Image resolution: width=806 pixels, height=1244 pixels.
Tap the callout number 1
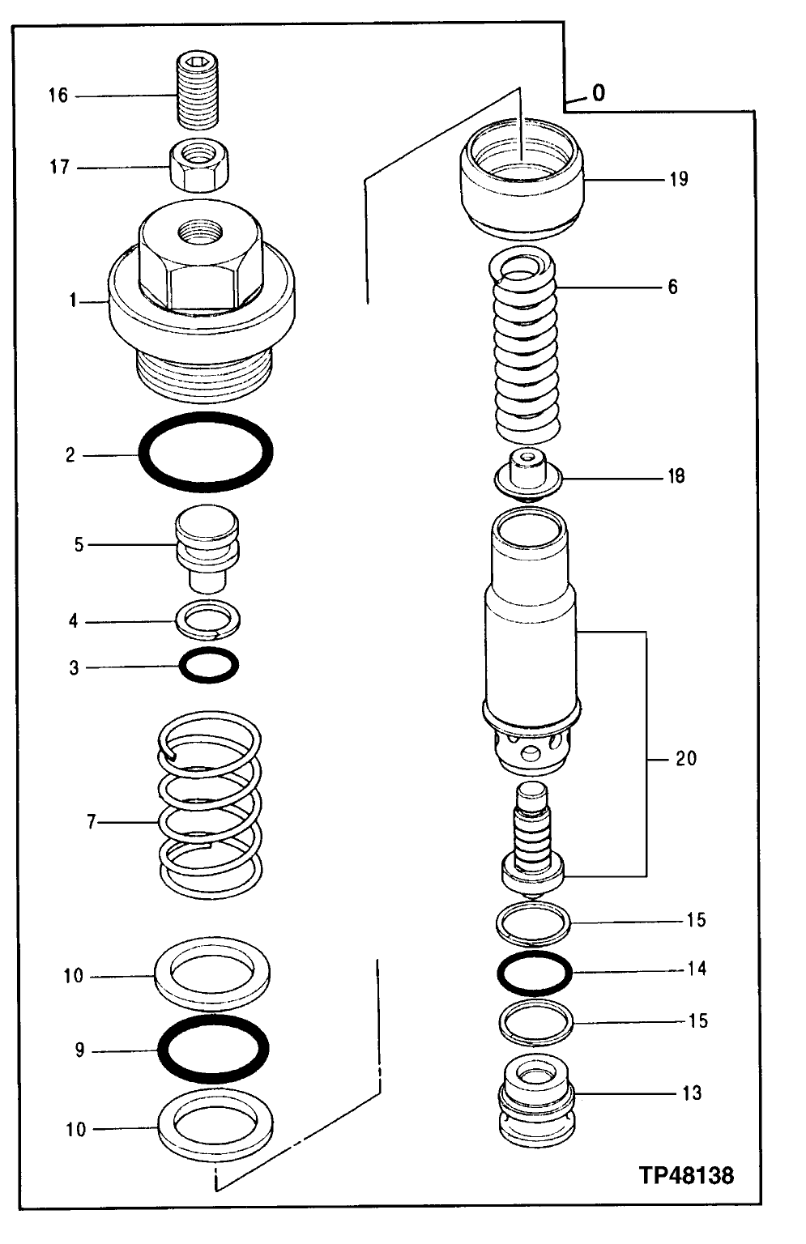[x=72, y=301]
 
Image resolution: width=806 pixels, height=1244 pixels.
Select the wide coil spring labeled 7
[x=209, y=806]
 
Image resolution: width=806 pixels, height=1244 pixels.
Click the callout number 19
[x=679, y=178]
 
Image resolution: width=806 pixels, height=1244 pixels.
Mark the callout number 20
[x=685, y=759]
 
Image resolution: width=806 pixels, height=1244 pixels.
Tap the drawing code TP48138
[x=687, y=1175]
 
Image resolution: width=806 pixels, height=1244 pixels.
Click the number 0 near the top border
[x=598, y=93]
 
